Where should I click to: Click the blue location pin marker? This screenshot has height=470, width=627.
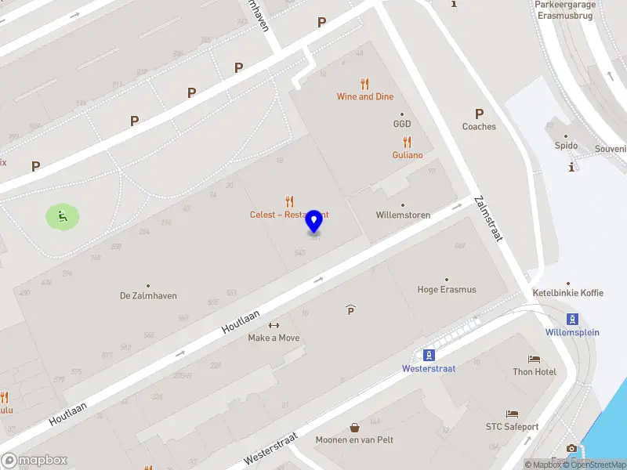[x=314, y=221]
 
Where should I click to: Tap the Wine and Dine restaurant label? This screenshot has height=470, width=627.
[x=365, y=96]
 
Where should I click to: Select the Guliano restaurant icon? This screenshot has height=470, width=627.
[x=408, y=143]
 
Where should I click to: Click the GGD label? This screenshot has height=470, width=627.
[x=402, y=124]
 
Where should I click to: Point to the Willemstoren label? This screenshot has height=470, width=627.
[x=403, y=215]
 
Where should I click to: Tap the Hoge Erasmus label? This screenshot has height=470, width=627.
[x=447, y=289]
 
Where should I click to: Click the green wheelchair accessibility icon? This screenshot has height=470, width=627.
[x=63, y=216]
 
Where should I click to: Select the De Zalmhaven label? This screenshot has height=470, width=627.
[x=148, y=295]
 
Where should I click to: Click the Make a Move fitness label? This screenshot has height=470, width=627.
[x=274, y=338]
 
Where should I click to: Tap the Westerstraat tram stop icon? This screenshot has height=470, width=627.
[x=428, y=354]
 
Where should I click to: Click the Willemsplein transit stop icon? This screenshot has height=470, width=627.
[x=573, y=318]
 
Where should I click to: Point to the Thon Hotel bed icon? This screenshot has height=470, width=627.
[x=535, y=359]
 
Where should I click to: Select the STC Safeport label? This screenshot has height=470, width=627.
[x=512, y=427]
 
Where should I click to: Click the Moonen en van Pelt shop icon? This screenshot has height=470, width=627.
[x=355, y=428]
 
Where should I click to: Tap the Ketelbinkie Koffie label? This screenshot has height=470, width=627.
[x=568, y=293]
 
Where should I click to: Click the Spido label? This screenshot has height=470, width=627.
[x=566, y=146]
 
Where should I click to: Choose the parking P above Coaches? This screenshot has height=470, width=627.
[x=479, y=114]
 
